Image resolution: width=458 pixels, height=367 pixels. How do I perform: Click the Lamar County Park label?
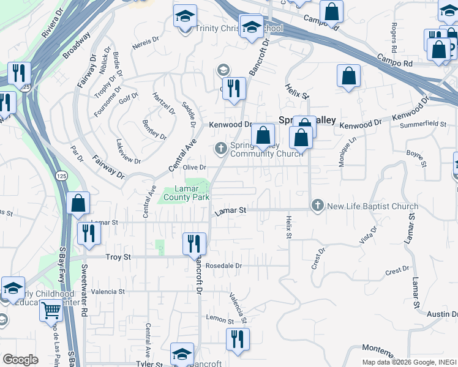(186, 193)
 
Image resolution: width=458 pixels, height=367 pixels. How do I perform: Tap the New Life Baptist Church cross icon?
(317, 206)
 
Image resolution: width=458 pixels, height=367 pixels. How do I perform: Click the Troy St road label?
(119, 258)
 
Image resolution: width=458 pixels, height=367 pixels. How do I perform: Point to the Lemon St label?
(220, 319)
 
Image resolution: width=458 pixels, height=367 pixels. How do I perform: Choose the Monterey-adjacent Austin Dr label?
(442, 314)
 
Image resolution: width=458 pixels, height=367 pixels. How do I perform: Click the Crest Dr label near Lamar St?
(397, 270)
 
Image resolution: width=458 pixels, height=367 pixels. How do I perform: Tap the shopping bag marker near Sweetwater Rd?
(78, 203)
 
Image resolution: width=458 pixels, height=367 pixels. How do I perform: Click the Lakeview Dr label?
(128, 152)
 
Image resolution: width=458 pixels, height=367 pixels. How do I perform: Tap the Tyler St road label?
(149, 365)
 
